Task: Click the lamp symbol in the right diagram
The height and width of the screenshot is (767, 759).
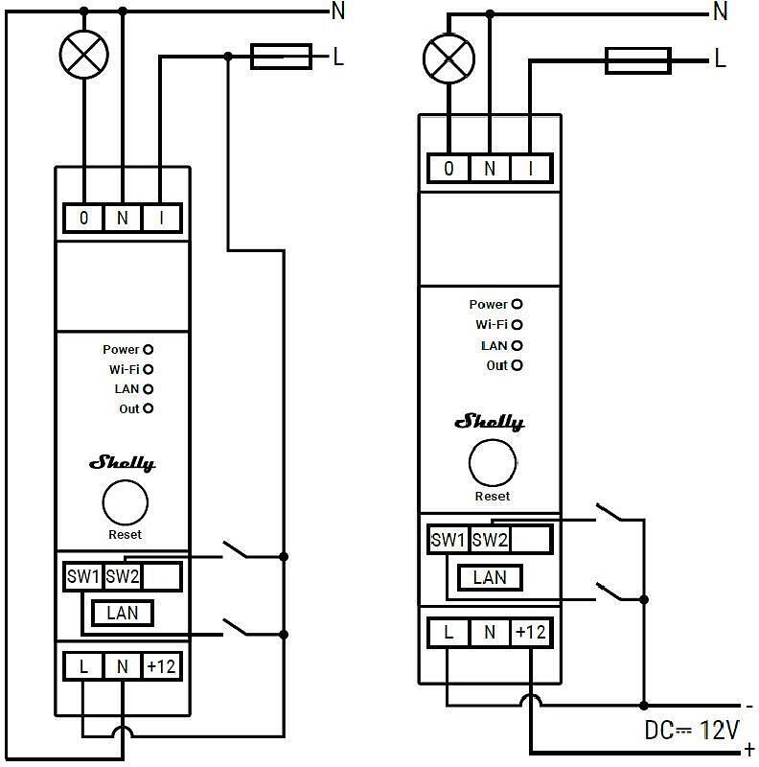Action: pyautogui.click(x=448, y=58)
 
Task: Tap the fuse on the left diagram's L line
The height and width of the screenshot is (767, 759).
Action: pyautogui.click(x=281, y=57)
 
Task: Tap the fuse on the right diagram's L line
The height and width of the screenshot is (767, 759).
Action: pyautogui.click(x=637, y=61)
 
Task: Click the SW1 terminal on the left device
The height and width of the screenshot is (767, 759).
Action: pyautogui.click(x=82, y=577)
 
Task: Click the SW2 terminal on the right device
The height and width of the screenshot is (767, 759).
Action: pyautogui.click(x=490, y=540)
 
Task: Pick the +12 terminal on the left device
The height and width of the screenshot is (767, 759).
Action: pyautogui.click(x=161, y=665)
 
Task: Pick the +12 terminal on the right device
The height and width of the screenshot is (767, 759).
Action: pyautogui.click(x=530, y=633)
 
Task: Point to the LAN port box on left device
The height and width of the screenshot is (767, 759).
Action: pyautogui.click(x=123, y=613)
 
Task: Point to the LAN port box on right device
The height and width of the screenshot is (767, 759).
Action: pyautogui.click(x=490, y=576)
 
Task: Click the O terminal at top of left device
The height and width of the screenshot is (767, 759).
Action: pyautogui.click(x=84, y=219)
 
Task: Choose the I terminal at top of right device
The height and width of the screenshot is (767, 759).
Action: pyautogui.click(x=530, y=169)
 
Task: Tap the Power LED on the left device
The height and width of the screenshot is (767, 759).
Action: pyautogui.click(x=149, y=350)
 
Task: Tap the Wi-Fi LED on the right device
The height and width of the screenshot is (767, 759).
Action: pyautogui.click(x=517, y=325)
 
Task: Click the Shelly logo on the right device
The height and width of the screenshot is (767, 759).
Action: pyautogui.click(x=490, y=422)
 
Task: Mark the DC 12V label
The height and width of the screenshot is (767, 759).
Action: pyautogui.click(x=691, y=731)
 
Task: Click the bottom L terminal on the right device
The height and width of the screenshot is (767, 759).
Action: pyautogui.click(x=448, y=633)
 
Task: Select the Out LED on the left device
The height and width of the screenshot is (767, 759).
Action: pyautogui.click(x=149, y=409)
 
